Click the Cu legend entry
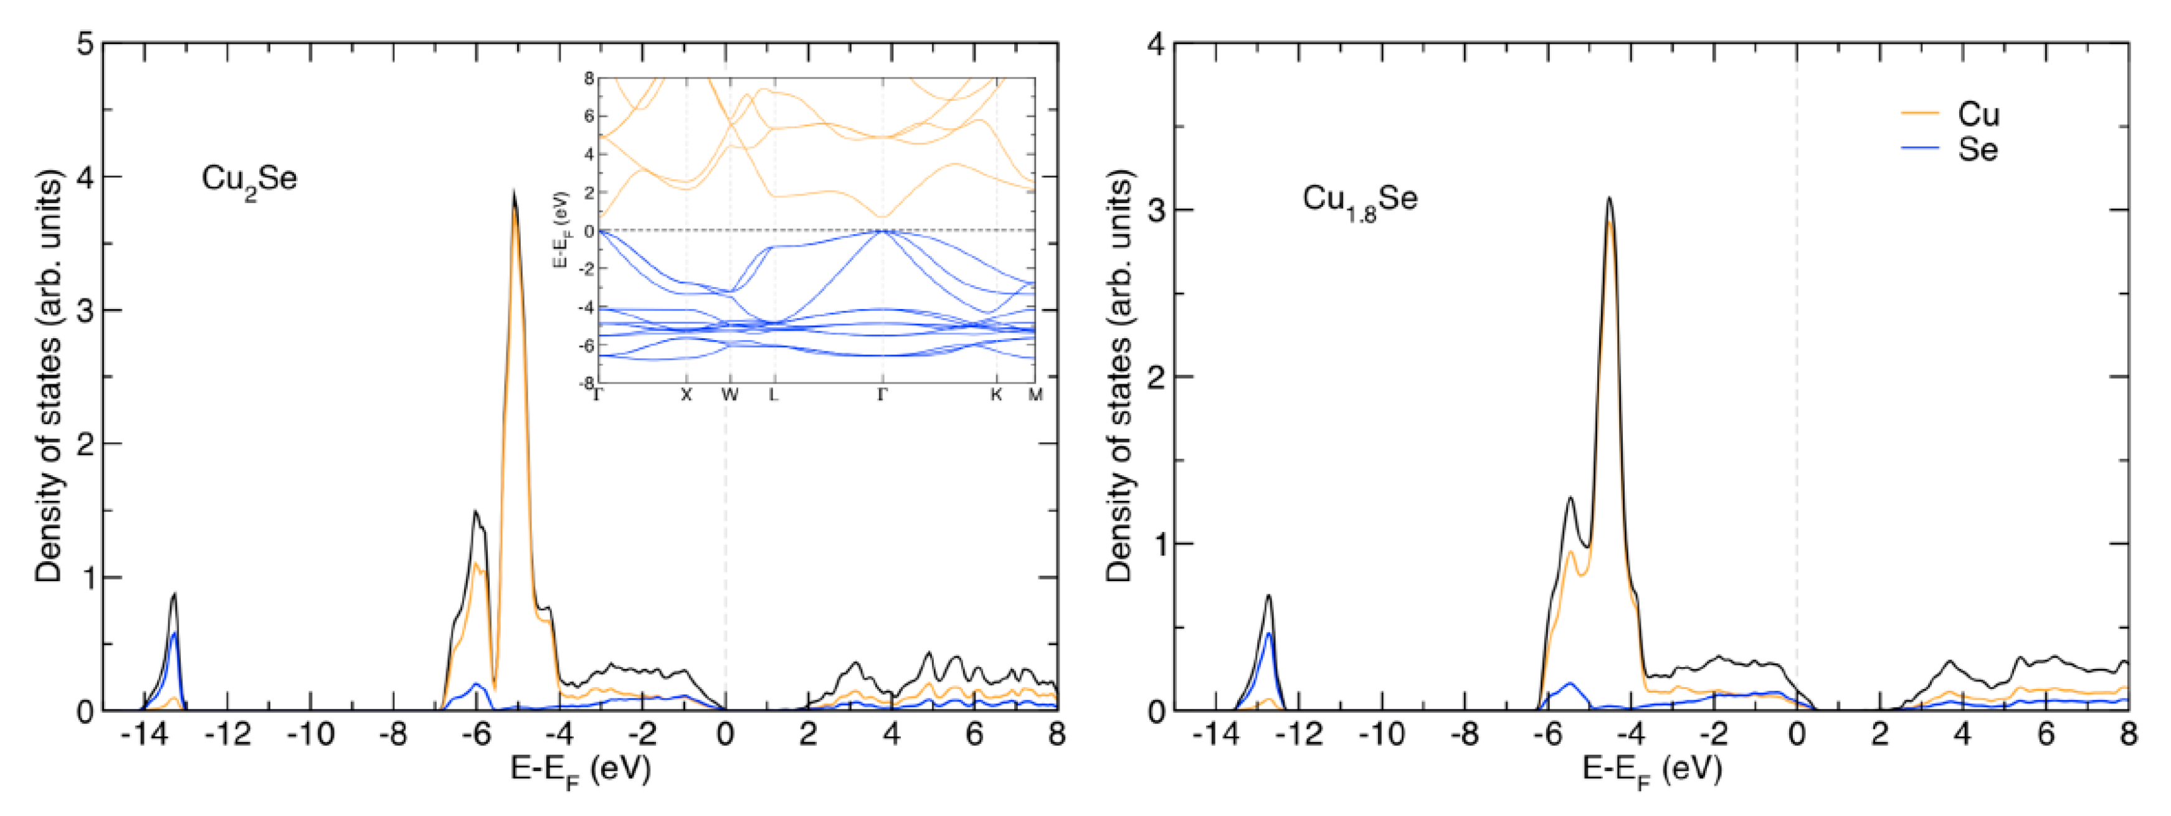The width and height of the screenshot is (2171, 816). pyautogui.click(x=1977, y=114)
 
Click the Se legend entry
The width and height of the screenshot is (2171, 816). pyautogui.click(x=1977, y=149)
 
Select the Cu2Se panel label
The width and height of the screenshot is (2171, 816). pyautogui.click(x=249, y=179)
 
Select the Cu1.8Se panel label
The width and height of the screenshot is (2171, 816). pyautogui.click(x=1359, y=201)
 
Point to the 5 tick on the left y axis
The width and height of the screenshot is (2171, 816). pyautogui.click(x=85, y=44)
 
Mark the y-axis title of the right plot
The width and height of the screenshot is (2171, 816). pyautogui.click(x=1119, y=376)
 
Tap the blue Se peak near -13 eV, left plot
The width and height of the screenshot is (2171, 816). pyautogui.click(x=174, y=634)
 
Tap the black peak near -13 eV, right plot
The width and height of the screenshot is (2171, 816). pyautogui.click(x=1268, y=596)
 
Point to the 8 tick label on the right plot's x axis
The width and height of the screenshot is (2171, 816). pyautogui.click(x=2129, y=735)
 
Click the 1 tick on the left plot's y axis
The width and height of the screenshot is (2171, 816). pyautogui.click(x=85, y=577)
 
